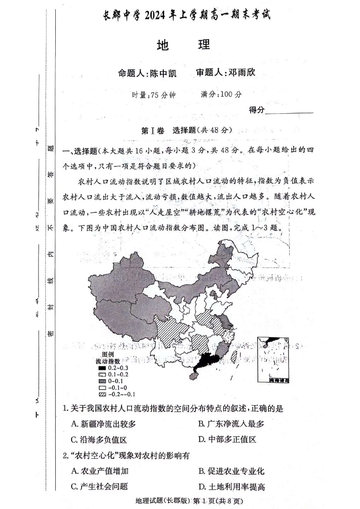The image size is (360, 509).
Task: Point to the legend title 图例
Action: tap(107, 354)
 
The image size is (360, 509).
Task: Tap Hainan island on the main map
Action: tap(194, 378)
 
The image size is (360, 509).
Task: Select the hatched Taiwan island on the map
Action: tap(234, 357)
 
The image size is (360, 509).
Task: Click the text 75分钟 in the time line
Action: tap(161, 95)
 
